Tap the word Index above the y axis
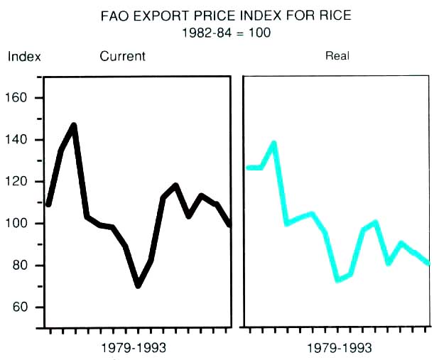pos(24,57)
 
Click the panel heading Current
pos(122,56)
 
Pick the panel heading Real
pos(337,56)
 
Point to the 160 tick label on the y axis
pos(24,98)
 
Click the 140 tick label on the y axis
pos(24,140)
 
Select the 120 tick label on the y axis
pos(24,182)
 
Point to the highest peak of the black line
pos(73,126)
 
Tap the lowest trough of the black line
pos(138,285)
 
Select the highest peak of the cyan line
pos(273,143)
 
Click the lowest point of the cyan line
pos(337,280)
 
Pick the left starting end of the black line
pos(48,204)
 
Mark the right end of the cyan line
pos(428,263)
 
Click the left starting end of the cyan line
pos(248,168)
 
